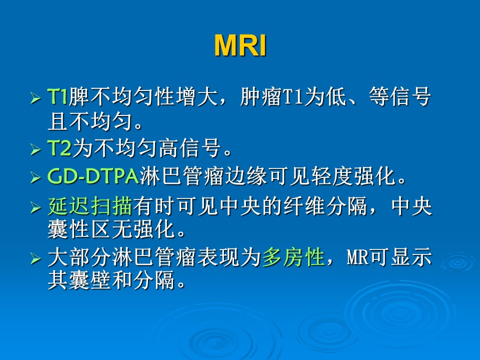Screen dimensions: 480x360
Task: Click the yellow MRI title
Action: tap(240, 45)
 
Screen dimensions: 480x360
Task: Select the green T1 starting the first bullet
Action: tap(57, 96)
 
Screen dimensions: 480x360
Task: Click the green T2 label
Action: tap(59, 148)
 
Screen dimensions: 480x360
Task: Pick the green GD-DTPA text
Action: tap(93, 176)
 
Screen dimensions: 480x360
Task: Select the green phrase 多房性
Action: tap(293, 257)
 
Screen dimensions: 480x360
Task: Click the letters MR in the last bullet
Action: tap(357, 257)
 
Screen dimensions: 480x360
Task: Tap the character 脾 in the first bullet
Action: tap(79, 96)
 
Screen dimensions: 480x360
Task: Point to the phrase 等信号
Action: tap(400, 96)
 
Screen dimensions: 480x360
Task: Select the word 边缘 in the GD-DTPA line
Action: tap(246, 176)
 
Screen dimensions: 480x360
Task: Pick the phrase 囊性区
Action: tap(79, 229)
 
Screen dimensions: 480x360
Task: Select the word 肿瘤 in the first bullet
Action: tap(261, 96)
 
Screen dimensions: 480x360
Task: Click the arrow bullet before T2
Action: tap(35, 149)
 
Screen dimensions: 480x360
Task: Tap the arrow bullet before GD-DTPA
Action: tap(35, 177)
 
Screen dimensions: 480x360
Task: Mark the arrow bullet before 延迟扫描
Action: tap(35, 207)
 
